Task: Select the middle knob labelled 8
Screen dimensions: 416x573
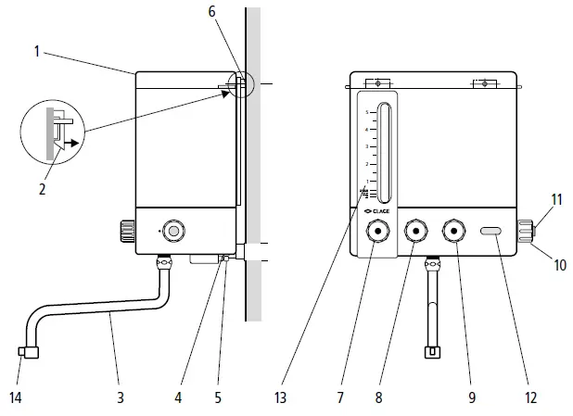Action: tap(416, 233)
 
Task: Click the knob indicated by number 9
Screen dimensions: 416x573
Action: tap(453, 233)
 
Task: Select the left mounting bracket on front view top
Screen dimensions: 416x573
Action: tap(377, 83)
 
